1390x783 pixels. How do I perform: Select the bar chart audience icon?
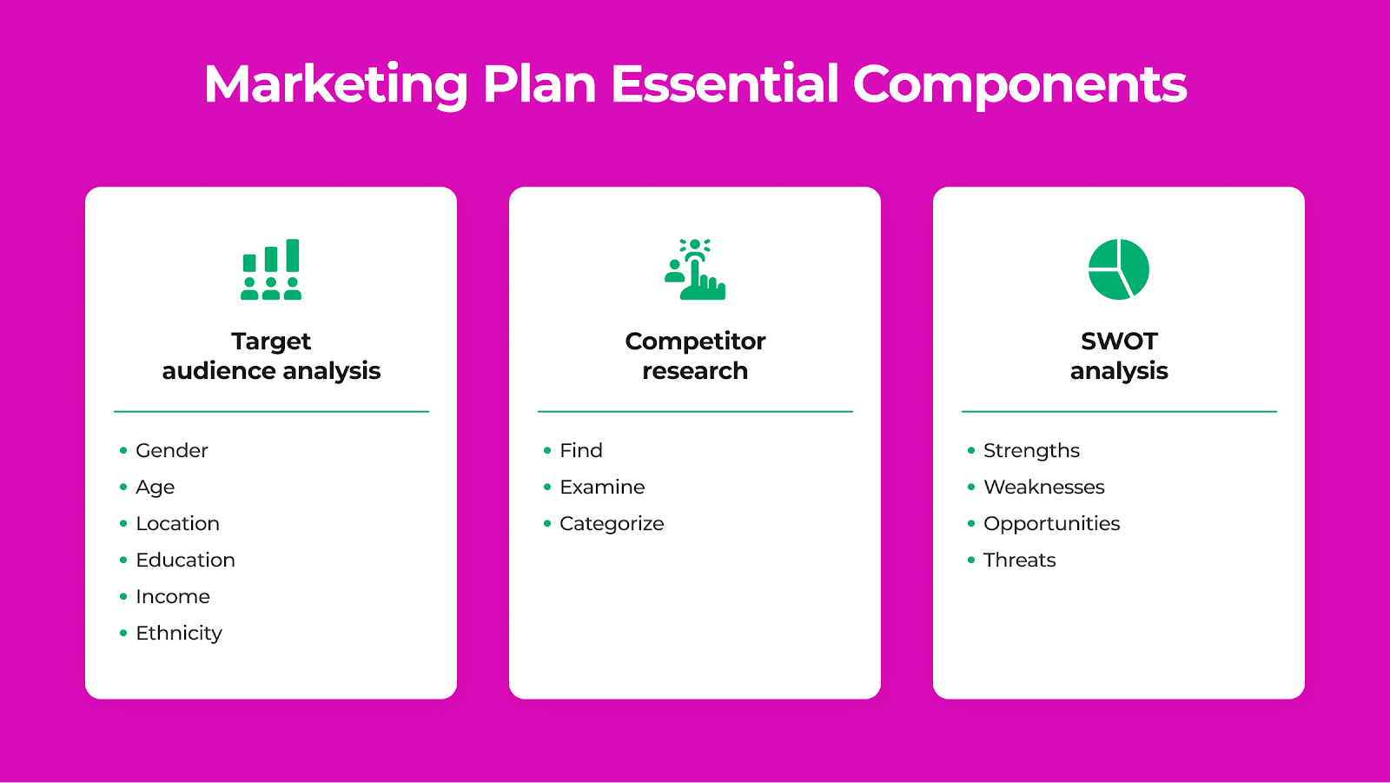pos(271,269)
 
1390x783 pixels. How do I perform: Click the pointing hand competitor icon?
pos(695,269)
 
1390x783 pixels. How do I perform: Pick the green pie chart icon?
pos(1119,269)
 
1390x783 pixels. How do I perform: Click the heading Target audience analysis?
pos(271,355)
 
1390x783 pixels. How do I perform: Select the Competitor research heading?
pos(695,355)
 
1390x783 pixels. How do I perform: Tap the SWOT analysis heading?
pos(1119,355)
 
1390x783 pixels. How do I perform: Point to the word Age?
pos(156,488)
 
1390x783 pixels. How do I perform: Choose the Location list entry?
pos(177,523)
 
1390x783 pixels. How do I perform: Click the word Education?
pos(186,560)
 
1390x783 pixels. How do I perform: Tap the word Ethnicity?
pos(179,634)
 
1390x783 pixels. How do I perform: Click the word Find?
pos(581,450)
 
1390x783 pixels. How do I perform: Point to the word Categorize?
pos(612,524)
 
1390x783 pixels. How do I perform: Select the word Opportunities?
pos(1052,524)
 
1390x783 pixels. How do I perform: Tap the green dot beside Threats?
pos(971,560)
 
